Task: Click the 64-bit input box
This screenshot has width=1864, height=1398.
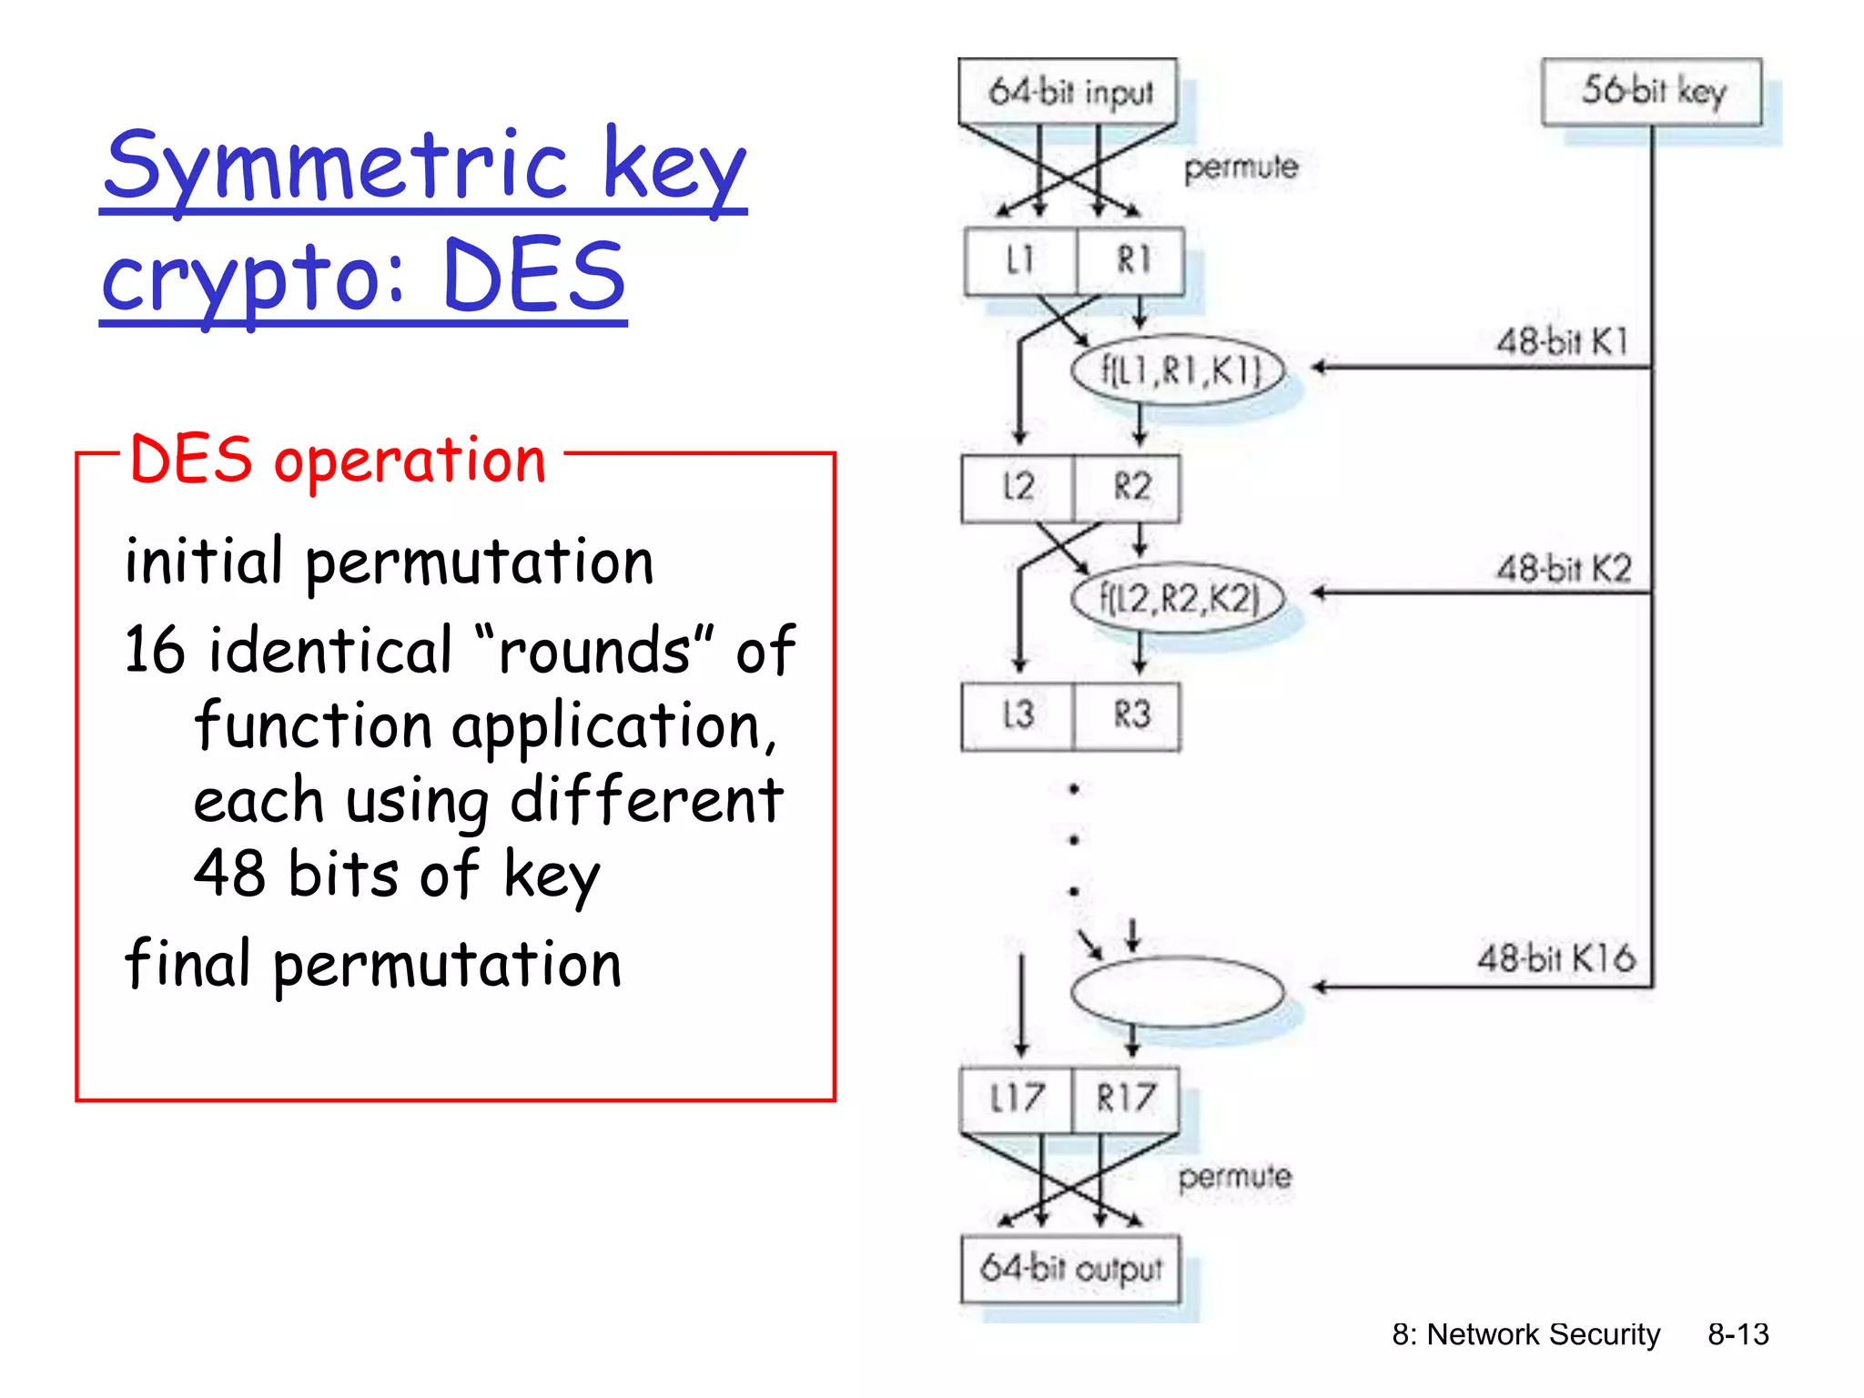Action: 1069,91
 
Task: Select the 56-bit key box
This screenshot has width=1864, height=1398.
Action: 1651,91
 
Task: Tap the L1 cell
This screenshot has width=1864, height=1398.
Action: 1020,261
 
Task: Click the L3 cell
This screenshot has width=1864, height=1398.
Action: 1018,715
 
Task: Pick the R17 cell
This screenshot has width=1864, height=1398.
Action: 1126,1099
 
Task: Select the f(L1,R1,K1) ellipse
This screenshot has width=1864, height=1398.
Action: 1179,371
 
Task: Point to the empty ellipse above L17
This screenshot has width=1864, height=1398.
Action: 1179,992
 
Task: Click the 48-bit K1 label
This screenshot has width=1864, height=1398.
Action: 1562,342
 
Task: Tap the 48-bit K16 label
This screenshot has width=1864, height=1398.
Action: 1555,959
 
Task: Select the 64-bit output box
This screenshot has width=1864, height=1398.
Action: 1070,1269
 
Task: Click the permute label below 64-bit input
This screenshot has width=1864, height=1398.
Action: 1241,167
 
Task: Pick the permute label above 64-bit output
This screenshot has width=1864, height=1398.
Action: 1234,1178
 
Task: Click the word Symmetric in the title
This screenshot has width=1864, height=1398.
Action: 337,167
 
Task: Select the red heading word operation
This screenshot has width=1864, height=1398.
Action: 410,461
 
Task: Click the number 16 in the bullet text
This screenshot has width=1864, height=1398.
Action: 154,651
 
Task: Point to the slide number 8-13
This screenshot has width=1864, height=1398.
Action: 1737,1334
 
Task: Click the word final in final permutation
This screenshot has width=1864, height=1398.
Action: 187,964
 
